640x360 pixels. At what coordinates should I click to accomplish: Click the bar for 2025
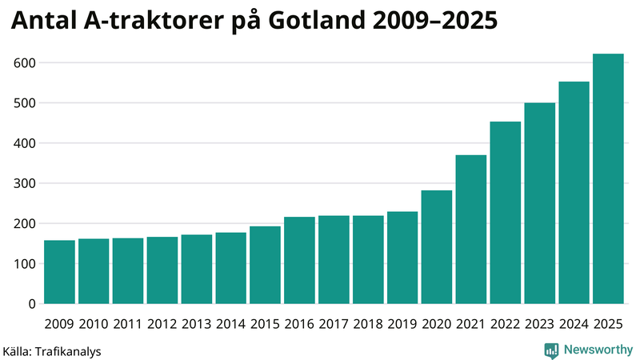(x=608, y=179)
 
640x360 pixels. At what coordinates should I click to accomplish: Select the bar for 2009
(x=59, y=272)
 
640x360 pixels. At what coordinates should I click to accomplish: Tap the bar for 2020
(x=437, y=247)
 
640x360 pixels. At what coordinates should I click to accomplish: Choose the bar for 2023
(x=540, y=203)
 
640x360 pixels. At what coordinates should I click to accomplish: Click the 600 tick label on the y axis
(x=26, y=63)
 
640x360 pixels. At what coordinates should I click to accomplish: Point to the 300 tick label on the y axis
(x=26, y=184)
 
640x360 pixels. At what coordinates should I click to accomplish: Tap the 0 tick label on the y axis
(x=33, y=304)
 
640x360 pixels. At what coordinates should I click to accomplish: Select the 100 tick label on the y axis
(x=26, y=264)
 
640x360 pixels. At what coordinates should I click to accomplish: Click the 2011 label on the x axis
(x=128, y=324)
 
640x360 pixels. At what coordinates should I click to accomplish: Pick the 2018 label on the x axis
(x=368, y=324)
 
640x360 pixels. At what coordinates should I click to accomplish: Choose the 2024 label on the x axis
(x=574, y=324)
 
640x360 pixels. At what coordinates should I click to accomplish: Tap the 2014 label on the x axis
(x=231, y=324)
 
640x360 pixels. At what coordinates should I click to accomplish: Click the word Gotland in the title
(x=315, y=22)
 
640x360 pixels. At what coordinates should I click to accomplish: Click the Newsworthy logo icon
(x=552, y=350)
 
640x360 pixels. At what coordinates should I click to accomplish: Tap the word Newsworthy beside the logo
(x=598, y=350)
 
